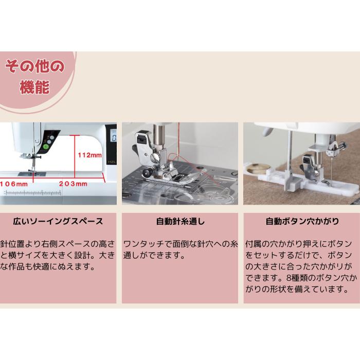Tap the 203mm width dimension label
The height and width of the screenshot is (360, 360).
(x=73, y=183)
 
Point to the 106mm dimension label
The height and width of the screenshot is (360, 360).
(x=14, y=183)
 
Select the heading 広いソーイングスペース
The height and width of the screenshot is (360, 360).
(x=58, y=222)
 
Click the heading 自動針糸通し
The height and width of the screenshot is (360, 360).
(x=180, y=222)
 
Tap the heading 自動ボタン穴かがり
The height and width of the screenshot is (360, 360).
(x=302, y=222)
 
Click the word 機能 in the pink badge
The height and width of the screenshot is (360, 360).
(x=34, y=87)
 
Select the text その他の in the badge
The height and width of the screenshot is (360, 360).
(x=34, y=66)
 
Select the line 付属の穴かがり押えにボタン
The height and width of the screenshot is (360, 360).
(x=301, y=243)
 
